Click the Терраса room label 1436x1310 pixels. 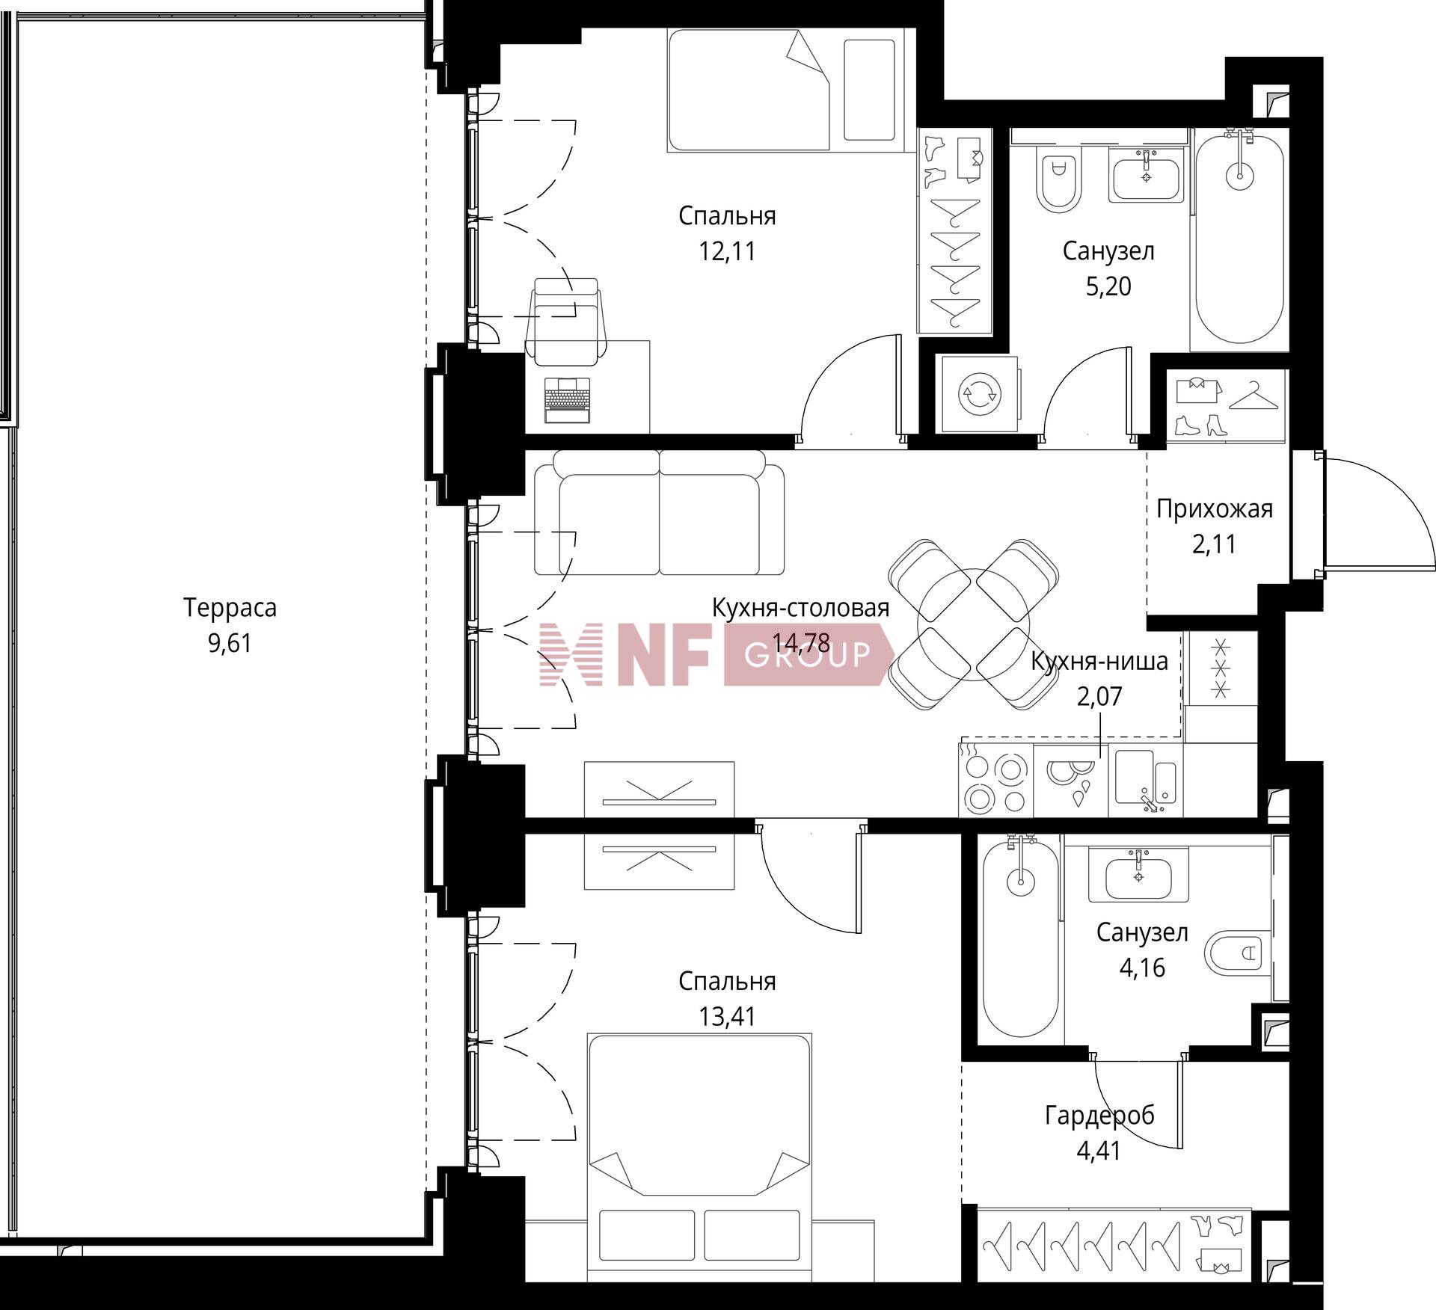230,608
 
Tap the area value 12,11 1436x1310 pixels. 727,251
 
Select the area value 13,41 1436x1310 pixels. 727,1016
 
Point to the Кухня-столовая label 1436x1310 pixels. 800,609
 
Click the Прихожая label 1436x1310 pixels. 1214,509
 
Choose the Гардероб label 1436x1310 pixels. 1099,1116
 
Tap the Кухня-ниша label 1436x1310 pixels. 1099,662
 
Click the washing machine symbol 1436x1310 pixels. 980,394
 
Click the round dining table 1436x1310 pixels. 974,624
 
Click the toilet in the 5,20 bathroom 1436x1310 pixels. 1058,177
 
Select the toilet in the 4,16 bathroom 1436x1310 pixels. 1239,953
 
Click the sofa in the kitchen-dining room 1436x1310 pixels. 659,513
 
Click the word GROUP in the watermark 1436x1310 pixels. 808,656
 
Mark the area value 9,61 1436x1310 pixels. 230,643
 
